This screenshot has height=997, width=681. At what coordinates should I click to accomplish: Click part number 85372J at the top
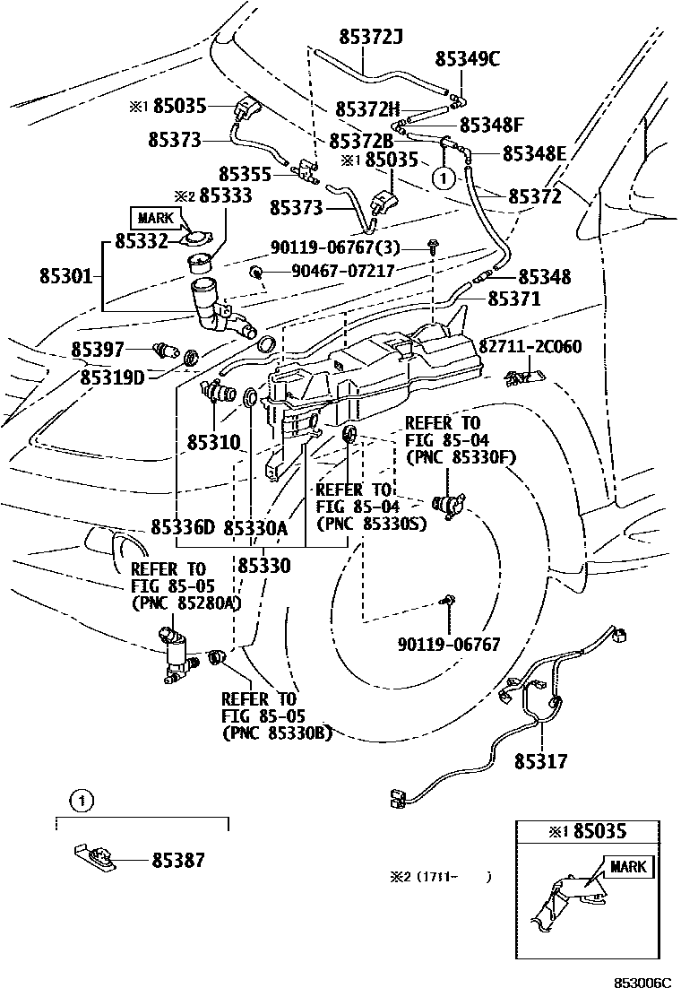pyautogui.click(x=371, y=37)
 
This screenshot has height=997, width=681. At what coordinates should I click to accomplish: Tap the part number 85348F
pyautogui.click(x=492, y=125)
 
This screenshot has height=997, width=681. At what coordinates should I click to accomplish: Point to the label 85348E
pyautogui.click(x=534, y=153)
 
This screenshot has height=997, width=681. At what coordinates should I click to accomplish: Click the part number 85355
pyautogui.click(x=245, y=172)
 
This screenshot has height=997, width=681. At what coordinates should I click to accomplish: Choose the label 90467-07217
pyautogui.click(x=342, y=270)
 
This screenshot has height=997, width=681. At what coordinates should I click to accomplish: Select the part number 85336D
pyautogui.click(x=183, y=527)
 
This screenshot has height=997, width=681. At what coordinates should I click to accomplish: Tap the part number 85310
pyautogui.click(x=214, y=442)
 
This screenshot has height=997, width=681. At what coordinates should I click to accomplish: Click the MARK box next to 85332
pyautogui.click(x=156, y=217)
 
